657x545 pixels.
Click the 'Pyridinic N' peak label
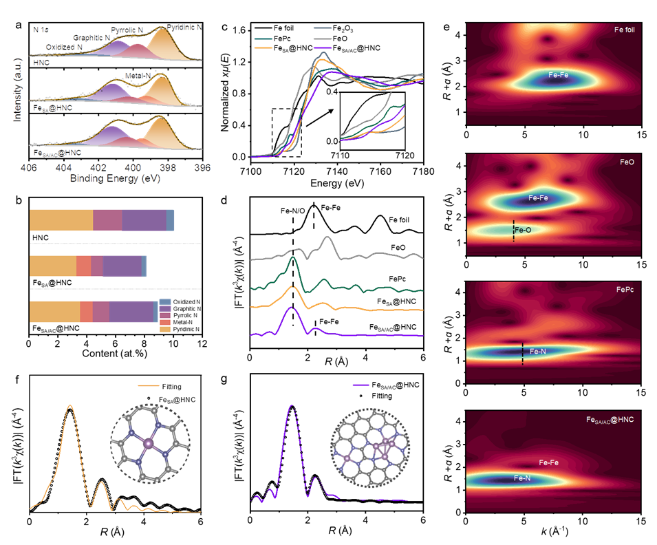click(x=185, y=28)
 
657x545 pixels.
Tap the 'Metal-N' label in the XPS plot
click(x=138, y=75)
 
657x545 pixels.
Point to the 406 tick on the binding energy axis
click(x=29, y=167)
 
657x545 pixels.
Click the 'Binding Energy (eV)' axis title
click(x=115, y=178)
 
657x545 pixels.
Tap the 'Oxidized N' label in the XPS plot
click(x=64, y=47)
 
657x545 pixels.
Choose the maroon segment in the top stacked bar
click(x=107, y=220)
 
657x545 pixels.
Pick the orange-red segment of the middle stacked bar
click(x=83, y=266)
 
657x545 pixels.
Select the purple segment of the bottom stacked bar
click(x=131, y=311)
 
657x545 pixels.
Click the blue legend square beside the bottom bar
click(x=165, y=301)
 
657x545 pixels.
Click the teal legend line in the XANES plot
click(x=263, y=39)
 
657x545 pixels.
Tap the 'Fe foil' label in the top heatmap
click(x=625, y=31)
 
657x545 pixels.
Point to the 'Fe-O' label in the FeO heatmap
click(x=523, y=230)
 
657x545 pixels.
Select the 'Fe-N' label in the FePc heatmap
click(x=539, y=351)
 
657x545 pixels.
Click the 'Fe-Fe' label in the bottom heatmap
click(x=548, y=462)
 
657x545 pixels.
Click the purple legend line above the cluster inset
click(x=361, y=385)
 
